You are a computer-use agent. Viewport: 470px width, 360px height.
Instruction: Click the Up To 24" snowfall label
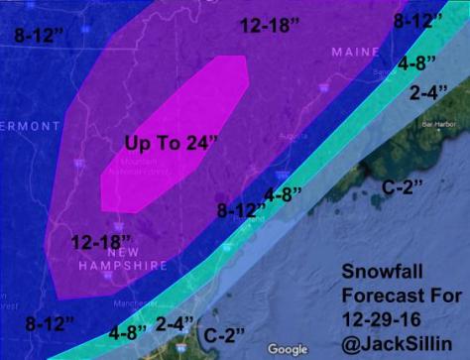[172, 143]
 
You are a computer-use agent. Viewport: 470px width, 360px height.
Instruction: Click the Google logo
[288, 349]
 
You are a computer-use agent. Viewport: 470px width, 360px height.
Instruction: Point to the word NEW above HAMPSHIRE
[100, 253]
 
